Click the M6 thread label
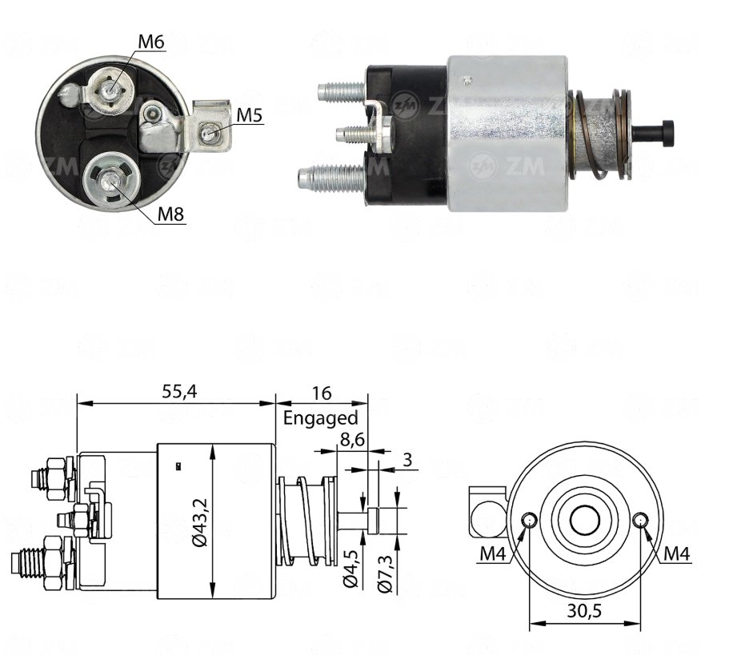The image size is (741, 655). click(x=150, y=42)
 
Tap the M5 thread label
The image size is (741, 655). click(x=249, y=114)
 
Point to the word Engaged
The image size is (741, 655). click(x=320, y=418)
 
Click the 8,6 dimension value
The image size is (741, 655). click(x=352, y=440)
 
